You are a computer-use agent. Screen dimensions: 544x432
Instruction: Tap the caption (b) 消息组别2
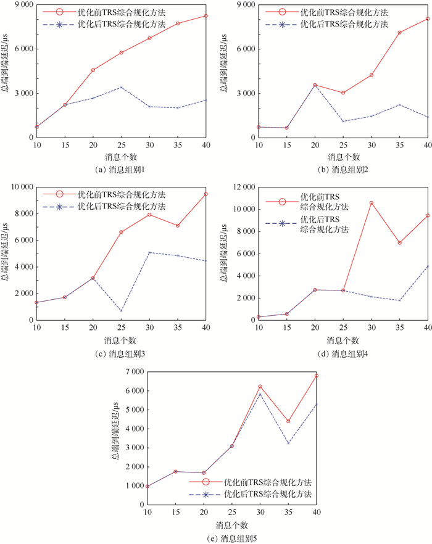343,169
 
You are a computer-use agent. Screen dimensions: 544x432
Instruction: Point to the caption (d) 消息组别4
343,353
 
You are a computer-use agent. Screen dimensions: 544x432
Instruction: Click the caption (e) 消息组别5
232,538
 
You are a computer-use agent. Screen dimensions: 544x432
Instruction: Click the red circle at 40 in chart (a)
205,16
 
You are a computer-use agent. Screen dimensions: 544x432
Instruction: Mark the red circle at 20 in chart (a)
93,70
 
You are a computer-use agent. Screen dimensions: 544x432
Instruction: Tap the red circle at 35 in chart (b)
400,33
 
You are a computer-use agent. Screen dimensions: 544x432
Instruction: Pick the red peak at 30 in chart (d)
372,203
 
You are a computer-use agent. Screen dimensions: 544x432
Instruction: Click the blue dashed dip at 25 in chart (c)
121,311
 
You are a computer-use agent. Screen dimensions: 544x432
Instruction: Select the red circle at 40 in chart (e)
317,376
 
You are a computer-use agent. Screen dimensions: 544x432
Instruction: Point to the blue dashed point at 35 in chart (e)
288,443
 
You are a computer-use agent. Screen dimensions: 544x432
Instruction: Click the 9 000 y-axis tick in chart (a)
20,5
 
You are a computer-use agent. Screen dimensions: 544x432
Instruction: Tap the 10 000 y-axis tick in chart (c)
19,187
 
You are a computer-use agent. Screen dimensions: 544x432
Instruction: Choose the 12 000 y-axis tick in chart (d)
242,187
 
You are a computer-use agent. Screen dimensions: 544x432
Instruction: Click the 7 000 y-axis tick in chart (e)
134,371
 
